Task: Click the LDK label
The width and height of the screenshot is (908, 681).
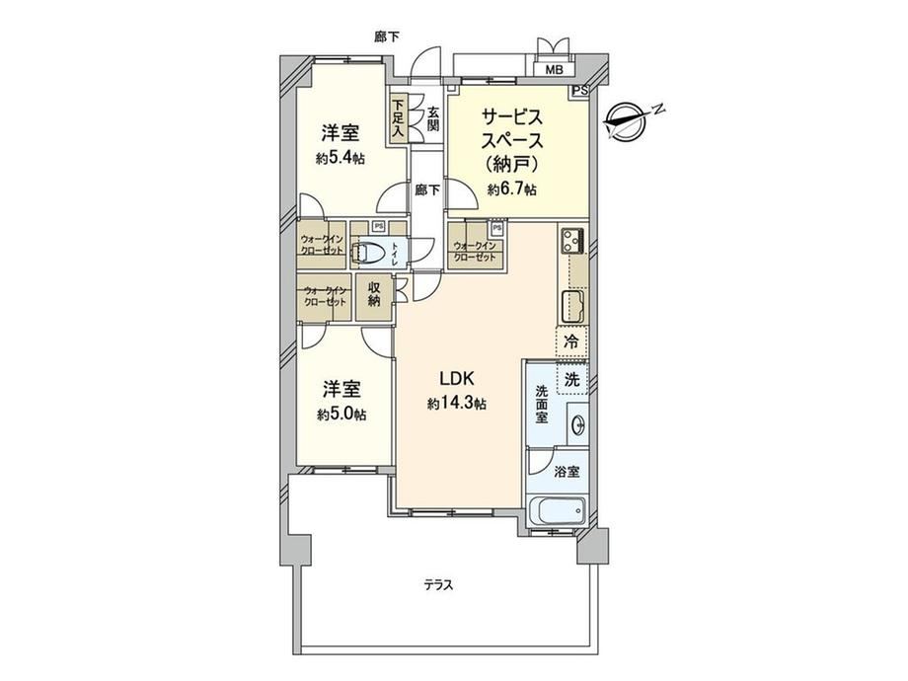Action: (x=457, y=379)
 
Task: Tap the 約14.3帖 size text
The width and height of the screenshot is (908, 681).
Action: (x=457, y=404)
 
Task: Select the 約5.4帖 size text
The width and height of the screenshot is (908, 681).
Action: (x=340, y=158)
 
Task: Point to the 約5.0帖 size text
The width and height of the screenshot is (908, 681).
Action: (x=341, y=415)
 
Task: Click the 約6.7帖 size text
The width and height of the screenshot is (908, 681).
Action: (x=512, y=189)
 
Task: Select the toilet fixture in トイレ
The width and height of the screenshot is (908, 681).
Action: (x=368, y=253)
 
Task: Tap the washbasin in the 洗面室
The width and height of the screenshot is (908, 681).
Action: (x=578, y=426)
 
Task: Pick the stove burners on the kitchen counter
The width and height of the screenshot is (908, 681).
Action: (x=573, y=239)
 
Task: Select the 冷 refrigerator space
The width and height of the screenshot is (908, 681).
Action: (x=572, y=341)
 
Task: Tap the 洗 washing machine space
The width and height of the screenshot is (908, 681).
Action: (x=572, y=379)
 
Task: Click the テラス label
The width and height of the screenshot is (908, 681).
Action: (x=438, y=585)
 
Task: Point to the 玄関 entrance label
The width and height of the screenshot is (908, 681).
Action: (x=433, y=118)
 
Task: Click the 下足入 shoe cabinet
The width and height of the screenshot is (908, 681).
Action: (x=398, y=117)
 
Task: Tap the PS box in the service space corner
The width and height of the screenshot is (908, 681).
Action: (x=580, y=91)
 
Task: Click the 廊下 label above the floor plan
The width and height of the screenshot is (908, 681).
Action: (x=387, y=38)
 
